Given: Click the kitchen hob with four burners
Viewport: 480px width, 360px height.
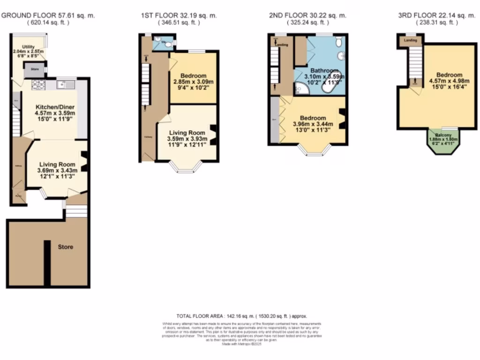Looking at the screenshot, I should coord(37,85).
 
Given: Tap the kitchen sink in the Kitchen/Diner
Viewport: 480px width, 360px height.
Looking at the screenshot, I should coord(64,84).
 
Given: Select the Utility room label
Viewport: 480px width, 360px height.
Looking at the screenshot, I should coord(29,46).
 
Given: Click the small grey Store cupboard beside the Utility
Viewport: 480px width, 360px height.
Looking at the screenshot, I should coord(34,69).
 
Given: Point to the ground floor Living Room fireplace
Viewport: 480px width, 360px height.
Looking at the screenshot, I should coord(85,162).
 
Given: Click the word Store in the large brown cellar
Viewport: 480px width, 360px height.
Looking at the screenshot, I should coord(65,247).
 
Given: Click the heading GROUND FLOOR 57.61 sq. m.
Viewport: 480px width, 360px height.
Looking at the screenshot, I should coord(48,15).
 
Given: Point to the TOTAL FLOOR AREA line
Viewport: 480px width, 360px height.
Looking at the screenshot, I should coord(241,316).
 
